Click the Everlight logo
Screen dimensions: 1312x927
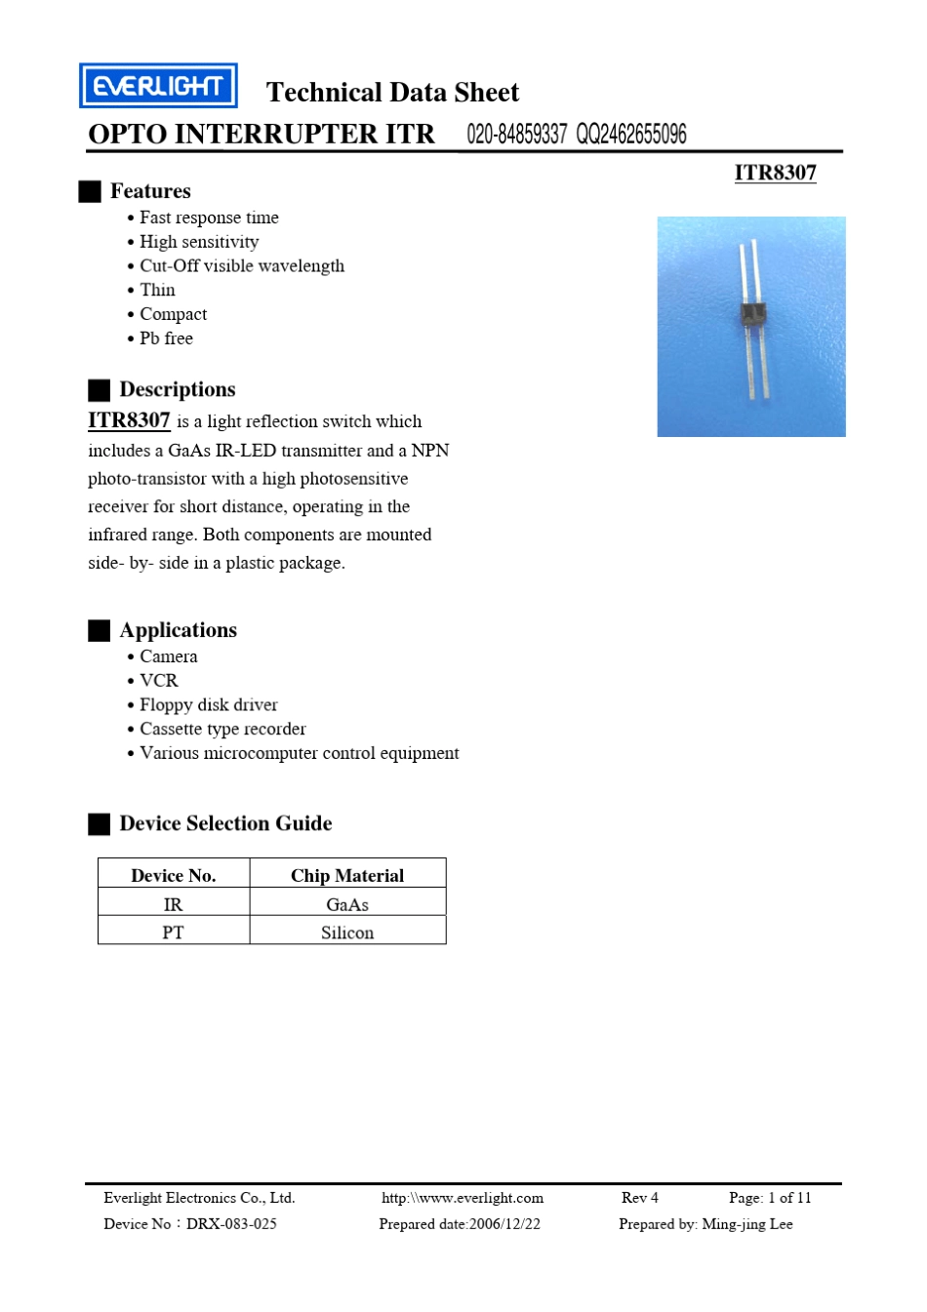pyautogui.click(x=158, y=86)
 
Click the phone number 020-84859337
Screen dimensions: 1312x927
pyautogui.click(x=516, y=135)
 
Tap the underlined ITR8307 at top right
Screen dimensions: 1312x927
pyautogui.click(x=775, y=173)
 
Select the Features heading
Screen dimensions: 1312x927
pyautogui.click(x=150, y=191)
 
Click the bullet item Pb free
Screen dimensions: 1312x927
pyautogui.click(x=166, y=338)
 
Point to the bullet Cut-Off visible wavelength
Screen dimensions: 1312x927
pyautogui.click(x=241, y=266)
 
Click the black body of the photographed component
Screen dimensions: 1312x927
pyautogui.click(x=752, y=314)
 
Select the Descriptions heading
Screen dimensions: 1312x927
pyautogui.click(x=177, y=390)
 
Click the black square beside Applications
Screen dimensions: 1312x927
pyautogui.click(x=99, y=631)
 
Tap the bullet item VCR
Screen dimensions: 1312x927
pyautogui.click(x=158, y=681)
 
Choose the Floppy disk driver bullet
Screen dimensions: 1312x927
pyautogui.click(x=208, y=705)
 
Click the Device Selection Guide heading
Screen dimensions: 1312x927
pyautogui.click(x=225, y=824)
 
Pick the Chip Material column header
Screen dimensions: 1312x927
pyautogui.click(x=347, y=875)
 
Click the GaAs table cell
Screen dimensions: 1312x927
pyautogui.click(x=347, y=904)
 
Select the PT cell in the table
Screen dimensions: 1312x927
pyautogui.click(x=173, y=933)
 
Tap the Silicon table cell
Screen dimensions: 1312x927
pyautogui.click(x=347, y=933)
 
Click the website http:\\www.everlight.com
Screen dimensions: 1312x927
pyautogui.click(x=463, y=1198)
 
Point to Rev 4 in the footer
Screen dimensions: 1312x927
pyautogui.click(x=640, y=1198)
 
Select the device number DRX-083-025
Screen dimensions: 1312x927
pyautogui.click(x=231, y=1224)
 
